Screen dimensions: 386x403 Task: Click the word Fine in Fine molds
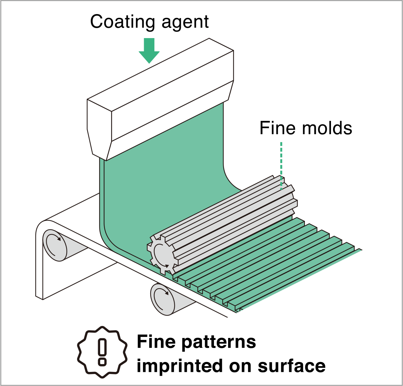point(276,128)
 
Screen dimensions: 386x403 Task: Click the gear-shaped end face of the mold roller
point(162,254)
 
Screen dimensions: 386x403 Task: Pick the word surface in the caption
point(292,366)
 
